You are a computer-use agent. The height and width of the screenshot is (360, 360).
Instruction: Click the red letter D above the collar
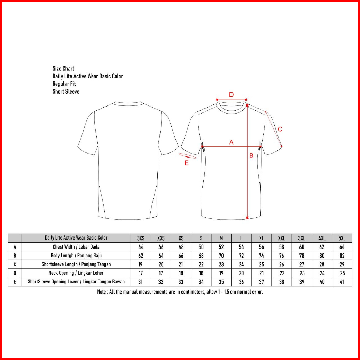[231, 94]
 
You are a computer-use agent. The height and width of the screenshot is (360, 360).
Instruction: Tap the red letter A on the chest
[231, 142]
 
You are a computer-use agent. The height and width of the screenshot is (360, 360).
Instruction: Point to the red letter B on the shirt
[251, 156]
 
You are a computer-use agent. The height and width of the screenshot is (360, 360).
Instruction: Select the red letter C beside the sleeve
[280, 129]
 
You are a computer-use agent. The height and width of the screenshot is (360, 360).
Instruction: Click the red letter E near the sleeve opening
[187, 163]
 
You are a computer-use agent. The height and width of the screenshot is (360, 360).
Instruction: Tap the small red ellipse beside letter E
[188, 156]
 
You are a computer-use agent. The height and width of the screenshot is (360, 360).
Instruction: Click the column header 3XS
[141, 238]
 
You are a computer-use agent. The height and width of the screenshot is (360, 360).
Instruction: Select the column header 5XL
[342, 238]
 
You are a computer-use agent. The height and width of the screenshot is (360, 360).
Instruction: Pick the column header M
[221, 238]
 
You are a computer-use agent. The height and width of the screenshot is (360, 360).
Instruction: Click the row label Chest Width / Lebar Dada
[76, 247]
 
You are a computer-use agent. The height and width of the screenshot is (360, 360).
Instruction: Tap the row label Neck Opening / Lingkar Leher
[76, 273]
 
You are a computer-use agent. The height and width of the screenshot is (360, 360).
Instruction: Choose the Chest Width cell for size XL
[261, 247]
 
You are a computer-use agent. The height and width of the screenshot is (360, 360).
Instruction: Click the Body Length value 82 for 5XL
[342, 256]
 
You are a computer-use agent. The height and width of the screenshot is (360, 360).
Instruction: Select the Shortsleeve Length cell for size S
[201, 264]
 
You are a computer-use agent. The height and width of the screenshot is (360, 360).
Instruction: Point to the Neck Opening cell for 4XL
[322, 273]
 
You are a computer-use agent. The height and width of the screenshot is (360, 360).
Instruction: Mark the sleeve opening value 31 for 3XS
[141, 282]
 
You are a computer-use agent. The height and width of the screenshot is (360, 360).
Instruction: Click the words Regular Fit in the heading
[64, 84]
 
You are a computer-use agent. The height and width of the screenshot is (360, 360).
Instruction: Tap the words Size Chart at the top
[63, 69]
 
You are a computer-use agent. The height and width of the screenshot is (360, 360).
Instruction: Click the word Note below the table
[102, 292]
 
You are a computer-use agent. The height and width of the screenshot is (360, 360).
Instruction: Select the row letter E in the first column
[15, 282]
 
